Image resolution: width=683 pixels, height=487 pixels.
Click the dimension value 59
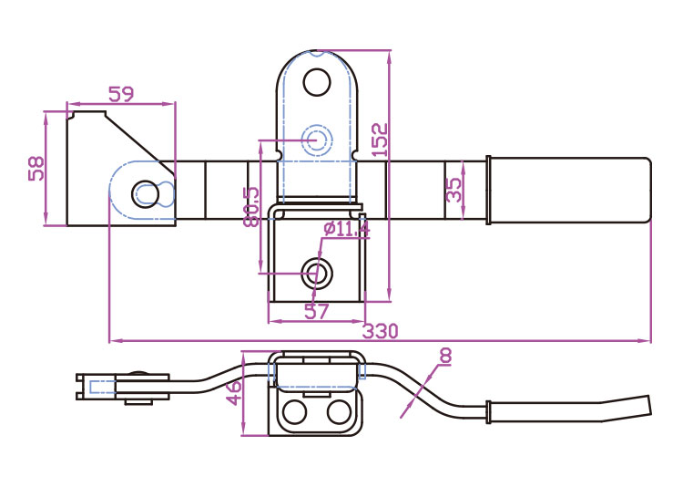(x=121, y=93)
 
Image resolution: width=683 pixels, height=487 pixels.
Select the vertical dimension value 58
(x=36, y=169)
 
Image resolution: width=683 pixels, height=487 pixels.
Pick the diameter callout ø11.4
(x=346, y=229)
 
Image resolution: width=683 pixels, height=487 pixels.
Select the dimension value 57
(x=316, y=312)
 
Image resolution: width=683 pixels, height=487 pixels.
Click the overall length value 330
(x=381, y=330)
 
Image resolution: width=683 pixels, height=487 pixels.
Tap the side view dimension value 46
(x=234, y=393)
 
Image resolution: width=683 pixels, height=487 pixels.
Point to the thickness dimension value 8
(x=445, y=355)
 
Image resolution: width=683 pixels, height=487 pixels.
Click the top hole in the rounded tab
(x=316, y=83)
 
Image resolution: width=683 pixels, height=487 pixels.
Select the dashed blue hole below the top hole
(x=316, y=140)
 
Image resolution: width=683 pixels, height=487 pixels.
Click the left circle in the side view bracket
(x=294, y=413)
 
